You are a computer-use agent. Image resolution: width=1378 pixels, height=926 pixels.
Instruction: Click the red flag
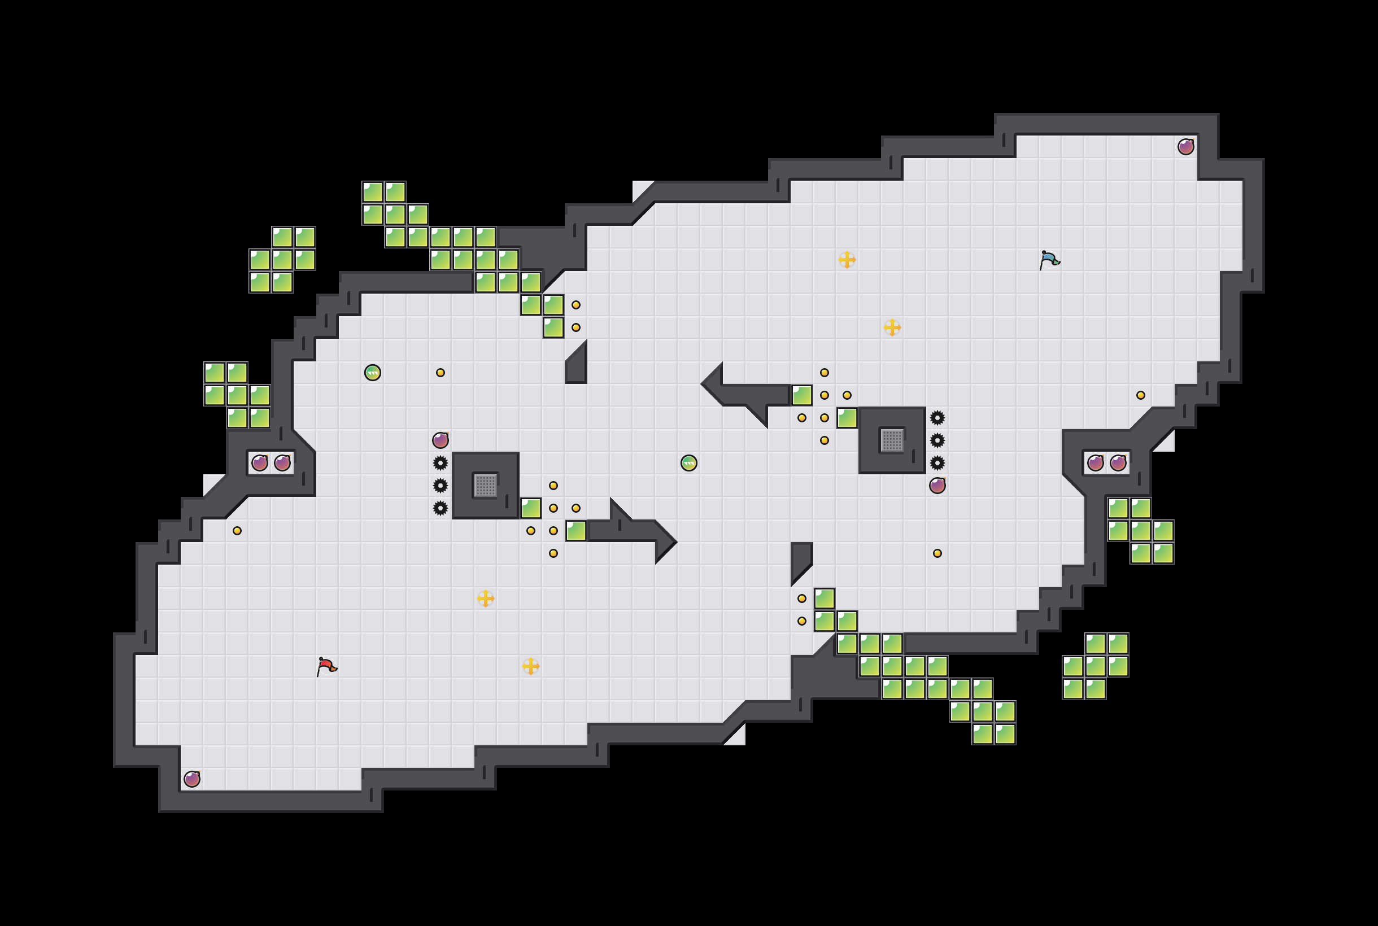[326, 666]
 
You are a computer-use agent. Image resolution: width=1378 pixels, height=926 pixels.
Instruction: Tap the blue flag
[1049, 260]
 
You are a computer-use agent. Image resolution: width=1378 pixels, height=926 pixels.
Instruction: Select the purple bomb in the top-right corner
[1185, 146]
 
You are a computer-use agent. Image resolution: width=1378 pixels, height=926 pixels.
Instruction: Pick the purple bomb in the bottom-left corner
[192, 779]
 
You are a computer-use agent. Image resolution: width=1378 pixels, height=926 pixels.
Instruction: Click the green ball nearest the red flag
[373, 373]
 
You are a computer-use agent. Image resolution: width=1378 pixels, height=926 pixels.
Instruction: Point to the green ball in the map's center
[688, 463]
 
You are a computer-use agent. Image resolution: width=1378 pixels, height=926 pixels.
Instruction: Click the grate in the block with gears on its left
[486, 486]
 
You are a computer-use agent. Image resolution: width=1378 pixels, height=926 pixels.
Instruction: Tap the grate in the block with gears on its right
[892, 440]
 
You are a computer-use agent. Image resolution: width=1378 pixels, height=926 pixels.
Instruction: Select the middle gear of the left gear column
[441, 486]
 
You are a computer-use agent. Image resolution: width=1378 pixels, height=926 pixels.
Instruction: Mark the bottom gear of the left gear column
[441, 508]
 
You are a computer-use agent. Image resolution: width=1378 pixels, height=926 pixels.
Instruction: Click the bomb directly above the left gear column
[441, 440]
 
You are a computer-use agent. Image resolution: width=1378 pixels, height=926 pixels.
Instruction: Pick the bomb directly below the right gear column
[937, 486]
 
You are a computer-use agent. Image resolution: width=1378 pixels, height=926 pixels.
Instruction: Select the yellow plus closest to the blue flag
[892, 327]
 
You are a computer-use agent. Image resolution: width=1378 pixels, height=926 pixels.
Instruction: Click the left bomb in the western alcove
[260, 463]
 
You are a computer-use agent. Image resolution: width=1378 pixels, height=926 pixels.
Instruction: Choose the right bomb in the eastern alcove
[1118, 463]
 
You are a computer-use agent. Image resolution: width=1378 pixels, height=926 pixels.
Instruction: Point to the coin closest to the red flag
[237, 531]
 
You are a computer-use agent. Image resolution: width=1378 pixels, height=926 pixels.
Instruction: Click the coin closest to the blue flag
[1141, 395]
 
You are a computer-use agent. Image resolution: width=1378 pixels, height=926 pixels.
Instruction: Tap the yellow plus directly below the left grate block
[486, 599]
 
